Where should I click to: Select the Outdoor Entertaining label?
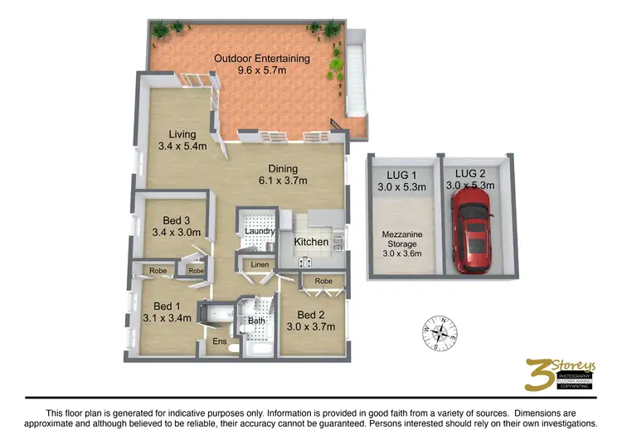pyautogui.click(x=262, y=59)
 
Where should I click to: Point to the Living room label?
pyautogui.click(x=182, y=134)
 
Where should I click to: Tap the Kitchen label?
pyautogui.click(x=312, y=242)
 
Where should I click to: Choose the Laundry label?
pyautogui.click(x=258, y=233)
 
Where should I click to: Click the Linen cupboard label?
pyautogui.click(x=258, y=265)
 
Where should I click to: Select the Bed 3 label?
pyautogui.click(x=177, y=220)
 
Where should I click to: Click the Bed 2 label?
pyautogui.click(x=311, y=315)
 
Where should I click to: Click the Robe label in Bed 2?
pyautogui.click(x=323, y=282)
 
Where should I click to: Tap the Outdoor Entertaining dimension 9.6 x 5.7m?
pyautogui.click(x=262, y=72)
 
